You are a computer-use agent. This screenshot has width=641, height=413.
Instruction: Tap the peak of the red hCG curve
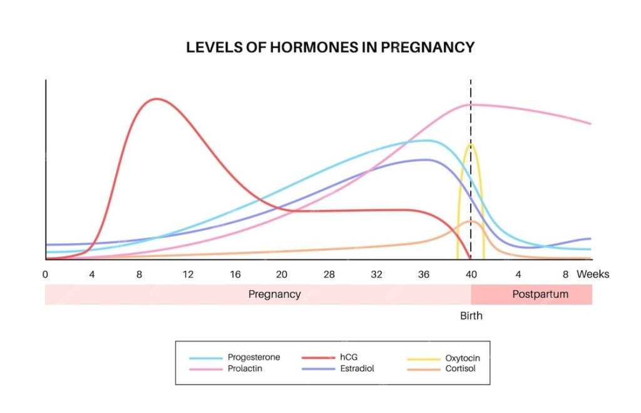click(x=156, y=99)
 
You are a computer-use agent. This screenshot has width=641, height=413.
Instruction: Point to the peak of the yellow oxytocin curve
click(x=471, y=145)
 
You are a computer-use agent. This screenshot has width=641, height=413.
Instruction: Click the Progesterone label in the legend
click(x=254, y=357)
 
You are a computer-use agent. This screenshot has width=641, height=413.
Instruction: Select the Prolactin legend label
click(x=245, y=369)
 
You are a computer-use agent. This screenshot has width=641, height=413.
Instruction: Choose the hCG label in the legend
click(x=348, y=357)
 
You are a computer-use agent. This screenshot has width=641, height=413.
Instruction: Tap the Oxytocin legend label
click(x=463, y=358)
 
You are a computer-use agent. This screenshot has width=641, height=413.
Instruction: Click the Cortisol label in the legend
click(x=460, y=369)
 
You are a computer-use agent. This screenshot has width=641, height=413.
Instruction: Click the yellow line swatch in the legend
click(x=424, y=358)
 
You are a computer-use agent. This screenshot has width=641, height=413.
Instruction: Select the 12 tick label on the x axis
click(x=188, y=274)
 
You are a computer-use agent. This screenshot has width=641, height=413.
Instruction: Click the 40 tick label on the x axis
click(x=471, y=274)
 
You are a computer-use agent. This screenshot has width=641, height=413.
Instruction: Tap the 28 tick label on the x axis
click(x=329, y=274)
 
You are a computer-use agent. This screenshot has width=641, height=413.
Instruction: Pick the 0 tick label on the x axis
click(x=45, y=274)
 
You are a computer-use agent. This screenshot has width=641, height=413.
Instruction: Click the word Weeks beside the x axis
click(x=592, y=274)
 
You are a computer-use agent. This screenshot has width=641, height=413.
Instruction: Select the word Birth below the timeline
click(x=471, y=316)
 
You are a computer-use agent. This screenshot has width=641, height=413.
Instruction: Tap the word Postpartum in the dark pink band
click(x=540, y=294)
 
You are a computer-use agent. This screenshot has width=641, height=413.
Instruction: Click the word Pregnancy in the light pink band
click(x=274, y=294)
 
